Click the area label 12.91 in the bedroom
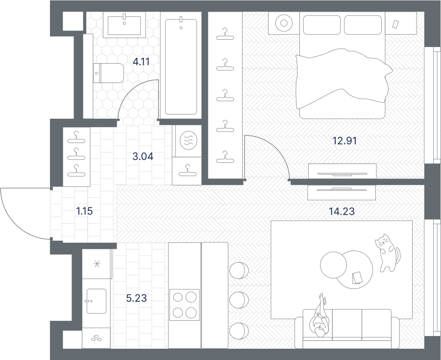pos(344,140)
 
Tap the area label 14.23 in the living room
pos(342,211)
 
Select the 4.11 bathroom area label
pos(141,62)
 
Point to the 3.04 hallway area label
pos(143,156)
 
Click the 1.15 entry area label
pos(84,211)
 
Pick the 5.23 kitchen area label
pos(136,298)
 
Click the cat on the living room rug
pos(387,253)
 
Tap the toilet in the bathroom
pos(108,73)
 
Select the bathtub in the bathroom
pos(181,67)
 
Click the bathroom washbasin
pos(124,25)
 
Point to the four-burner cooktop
pos(185,305)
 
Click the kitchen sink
pos(96,301)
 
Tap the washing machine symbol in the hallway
pos(188,140)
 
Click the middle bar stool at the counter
pos(239,300)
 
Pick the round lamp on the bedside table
pos(284,23)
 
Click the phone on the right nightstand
pos(395,24)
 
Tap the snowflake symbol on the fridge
pos(97,264)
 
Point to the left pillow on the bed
pos(322,25)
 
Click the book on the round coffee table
pos(357,278)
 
